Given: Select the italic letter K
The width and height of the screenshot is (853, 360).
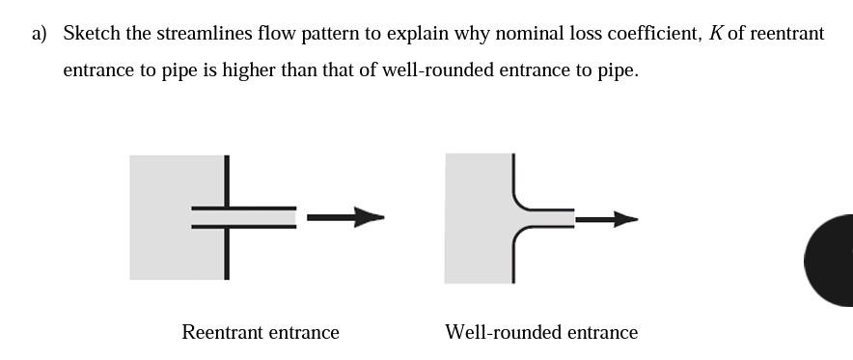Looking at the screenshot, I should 715,34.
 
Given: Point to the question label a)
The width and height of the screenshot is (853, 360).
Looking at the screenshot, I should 39,34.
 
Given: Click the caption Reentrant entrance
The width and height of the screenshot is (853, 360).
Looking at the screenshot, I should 261,332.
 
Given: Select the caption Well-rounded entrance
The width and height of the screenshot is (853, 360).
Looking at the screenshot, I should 541,332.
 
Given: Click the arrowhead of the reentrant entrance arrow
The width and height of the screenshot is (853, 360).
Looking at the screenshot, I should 370,217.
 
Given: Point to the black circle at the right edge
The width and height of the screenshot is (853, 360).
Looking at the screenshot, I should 832,260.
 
